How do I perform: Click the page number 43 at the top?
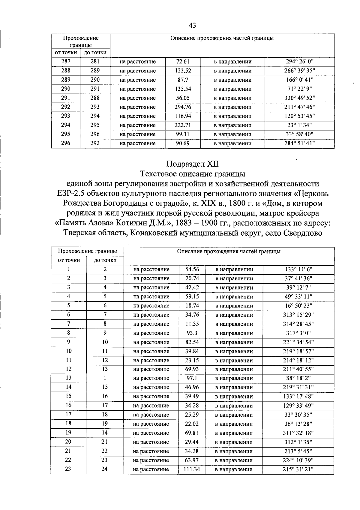(x=192, y=26)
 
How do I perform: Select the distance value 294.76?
(x=183, y=107)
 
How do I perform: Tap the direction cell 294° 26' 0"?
(x=299, y=62)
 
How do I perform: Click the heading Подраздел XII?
(x=192, y=164)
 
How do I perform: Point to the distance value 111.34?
(x=192, y=469)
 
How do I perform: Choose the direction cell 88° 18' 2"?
(x=298, y=378)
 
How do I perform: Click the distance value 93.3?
(x=192, y=333)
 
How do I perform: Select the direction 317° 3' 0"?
(x=298, y=333)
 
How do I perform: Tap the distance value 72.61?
(x=183, y=62)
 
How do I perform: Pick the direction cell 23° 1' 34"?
(x=299, y=125)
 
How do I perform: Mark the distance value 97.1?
(x=192, y=378)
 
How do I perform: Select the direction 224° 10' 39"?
(x=298, y=460)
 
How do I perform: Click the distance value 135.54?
(x=183, y=89)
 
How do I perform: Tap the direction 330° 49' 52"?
(x=299, y=98)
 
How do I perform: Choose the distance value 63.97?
(x=192, y=460)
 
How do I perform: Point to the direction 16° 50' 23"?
(x=298, y=306)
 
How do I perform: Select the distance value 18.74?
(x=192, y=306)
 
